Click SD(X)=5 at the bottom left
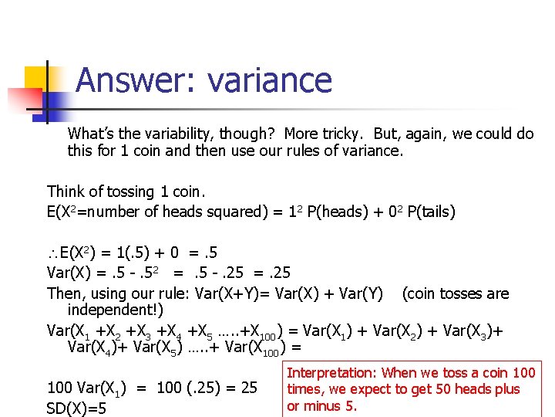pyautogui.click(x=77, y=407)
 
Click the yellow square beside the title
pyautogui.click(x=37, y=80)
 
